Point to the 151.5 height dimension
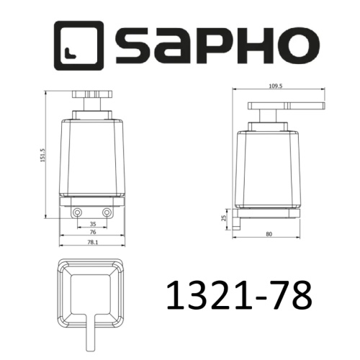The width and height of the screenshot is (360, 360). [43, 155]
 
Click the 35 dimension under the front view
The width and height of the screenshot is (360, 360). [92, 225]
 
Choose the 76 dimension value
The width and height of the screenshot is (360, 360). [92, 233]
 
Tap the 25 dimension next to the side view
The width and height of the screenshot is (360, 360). [223, 218]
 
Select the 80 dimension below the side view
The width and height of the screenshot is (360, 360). [268, 233]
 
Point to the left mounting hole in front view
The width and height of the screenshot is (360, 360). [77, 212]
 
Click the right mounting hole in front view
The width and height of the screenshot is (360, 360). [107, 212]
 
